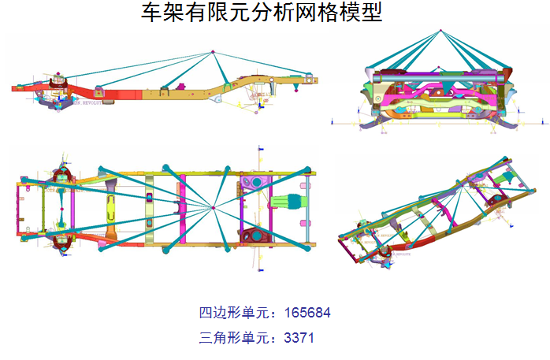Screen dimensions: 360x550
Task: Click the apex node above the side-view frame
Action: coord(213,53)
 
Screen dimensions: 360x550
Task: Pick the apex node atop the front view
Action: coord(441,31)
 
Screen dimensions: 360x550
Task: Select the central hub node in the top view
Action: coord(214,208)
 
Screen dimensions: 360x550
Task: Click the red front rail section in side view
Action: coord(102,93)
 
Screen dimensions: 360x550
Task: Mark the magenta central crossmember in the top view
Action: coord(183,208)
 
